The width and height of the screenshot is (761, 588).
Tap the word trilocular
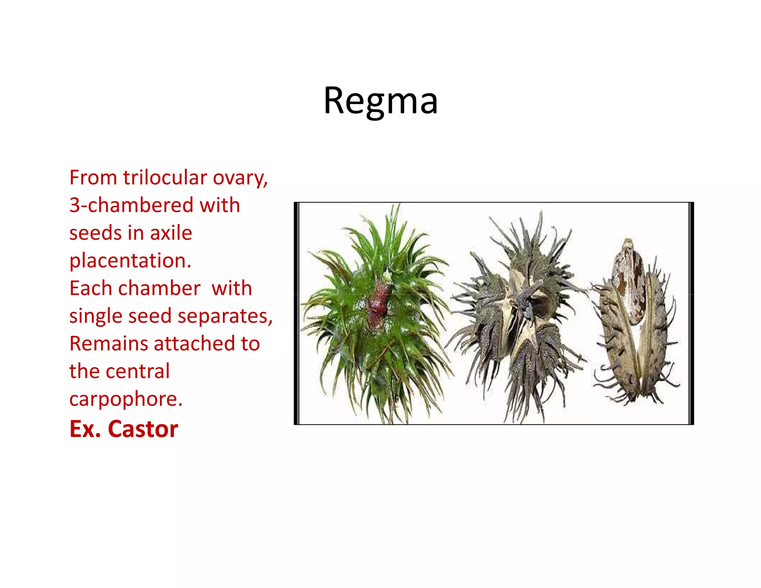tap(165, 178)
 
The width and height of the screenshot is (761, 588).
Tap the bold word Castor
tap(143, 429)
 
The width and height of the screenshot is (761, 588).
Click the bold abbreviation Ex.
tap(85, 429)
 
